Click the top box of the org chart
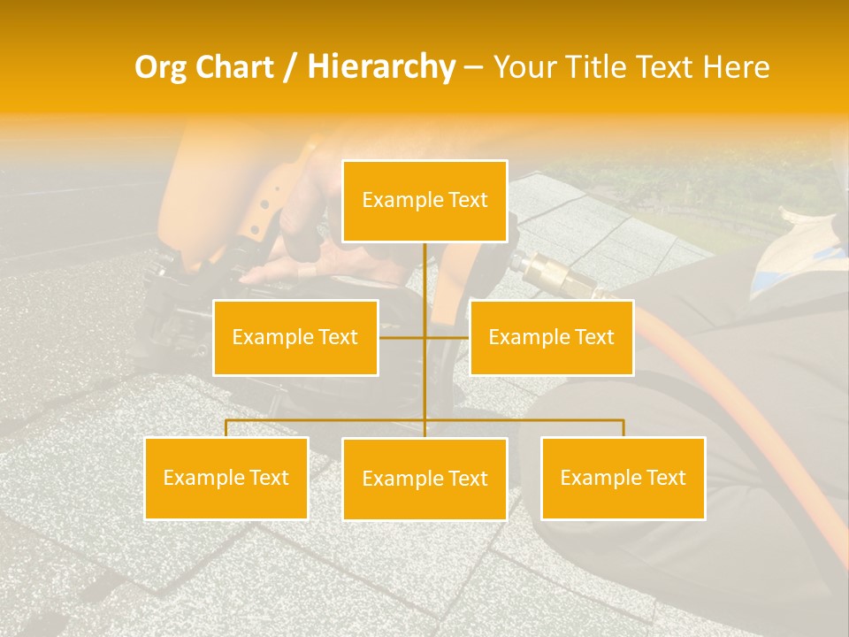[x=424, y=201]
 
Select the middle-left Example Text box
[x=295, y=337]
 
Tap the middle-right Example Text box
[x=551, y=337]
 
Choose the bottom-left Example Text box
[x=226, y=478]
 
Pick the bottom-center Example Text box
[x=424, y=479]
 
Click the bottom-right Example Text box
[x=623, y=478]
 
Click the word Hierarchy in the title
[x=381, y=66]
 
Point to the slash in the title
[x=291, y=68]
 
